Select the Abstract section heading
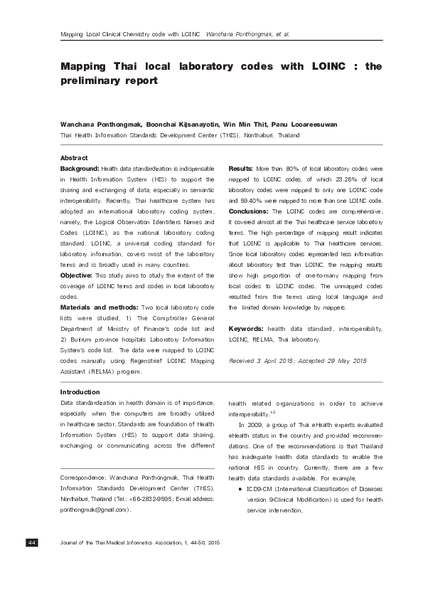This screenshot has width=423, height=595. (75, 157)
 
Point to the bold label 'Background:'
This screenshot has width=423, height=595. (79, 167)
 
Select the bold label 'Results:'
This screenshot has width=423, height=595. (241, 167)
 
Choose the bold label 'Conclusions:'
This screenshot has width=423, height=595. (248, 212)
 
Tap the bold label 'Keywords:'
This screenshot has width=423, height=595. (246, 330)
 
